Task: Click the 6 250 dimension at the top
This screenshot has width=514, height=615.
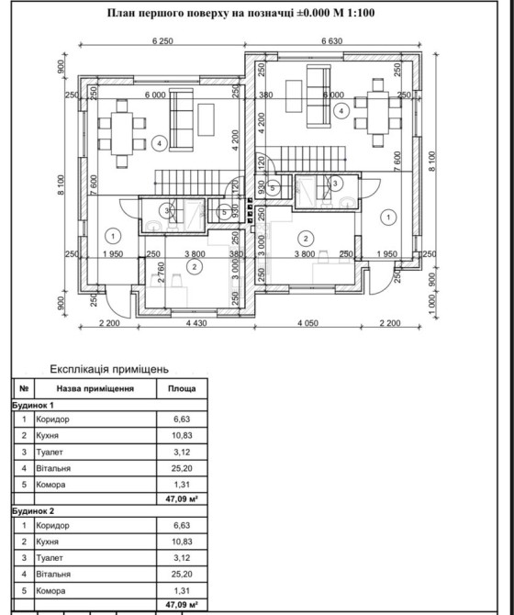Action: pyautogui.click(x=162, y=40)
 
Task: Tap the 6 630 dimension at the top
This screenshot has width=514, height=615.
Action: pyautogui.click(x=331, y=40)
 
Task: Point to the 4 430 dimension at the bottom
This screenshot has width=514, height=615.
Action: pyautogui.click(x=196, y=323)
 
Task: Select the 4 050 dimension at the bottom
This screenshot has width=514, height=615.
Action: pyautogui.click(x=307, y=323)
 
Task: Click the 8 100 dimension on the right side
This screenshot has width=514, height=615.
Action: pyautogui.click(x=431, y=161)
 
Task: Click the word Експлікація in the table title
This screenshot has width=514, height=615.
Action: pyautogui.click(x=80, y=369)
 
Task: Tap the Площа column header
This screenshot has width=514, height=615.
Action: pyautogui.click(x=182, y=388)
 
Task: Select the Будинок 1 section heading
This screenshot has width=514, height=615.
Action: pyautogui.click(x=33, y=405)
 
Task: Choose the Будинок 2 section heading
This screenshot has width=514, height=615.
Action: pyautogui.click(x=33, y=511)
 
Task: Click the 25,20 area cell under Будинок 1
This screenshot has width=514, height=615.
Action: pyautogui.click(x=182, y=468)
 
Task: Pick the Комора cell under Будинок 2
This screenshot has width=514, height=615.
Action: pyautogui.click(x=50, y=591)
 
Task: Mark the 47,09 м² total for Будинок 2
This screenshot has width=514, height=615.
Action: pyautogui.click(x=182, y=604)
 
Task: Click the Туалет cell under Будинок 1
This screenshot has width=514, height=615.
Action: pyautogui.click(x=50, y=453)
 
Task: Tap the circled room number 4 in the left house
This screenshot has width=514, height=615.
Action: pyautogui.click(x=159, y=143)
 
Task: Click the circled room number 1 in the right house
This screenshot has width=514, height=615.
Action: pyautogui.click(x=388, y=218)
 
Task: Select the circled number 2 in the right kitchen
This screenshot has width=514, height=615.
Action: pyautogui.click(x=306, y=238)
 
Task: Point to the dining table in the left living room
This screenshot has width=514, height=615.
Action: pyautogui.click(x=122, y=134)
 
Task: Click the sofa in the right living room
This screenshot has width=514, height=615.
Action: pyautogui.click(x=318, y=96)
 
